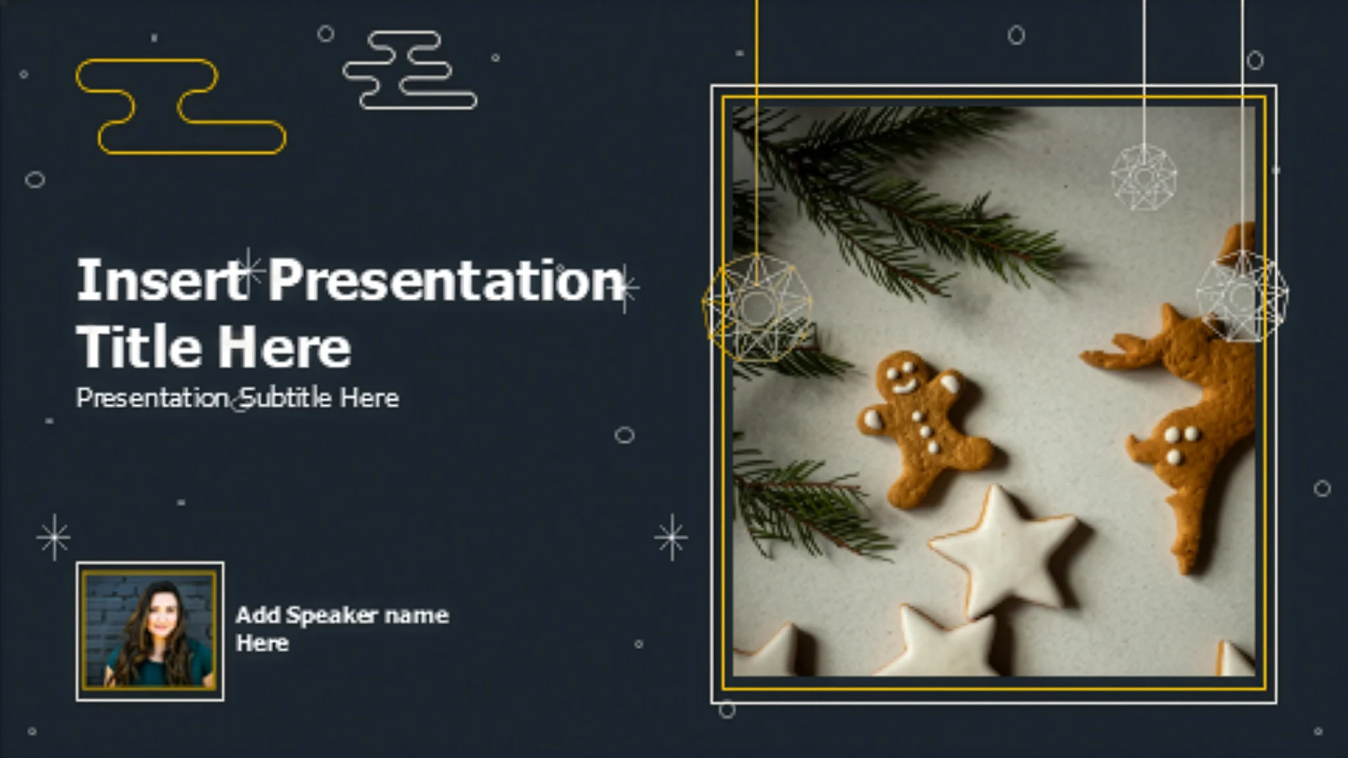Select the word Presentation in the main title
(447, 280)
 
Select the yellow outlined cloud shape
(180, 107)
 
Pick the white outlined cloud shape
(410, 70)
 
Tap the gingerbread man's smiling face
(905, 377)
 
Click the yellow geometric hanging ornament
(757, 307)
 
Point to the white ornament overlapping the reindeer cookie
(1242, 295)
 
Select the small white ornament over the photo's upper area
(1144, 177)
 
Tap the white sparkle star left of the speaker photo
(54, 537)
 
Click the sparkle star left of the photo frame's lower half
(671, 538)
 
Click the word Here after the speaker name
(262, 643)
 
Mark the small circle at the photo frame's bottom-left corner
(727, 710)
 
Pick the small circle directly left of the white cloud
(326, 33)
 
